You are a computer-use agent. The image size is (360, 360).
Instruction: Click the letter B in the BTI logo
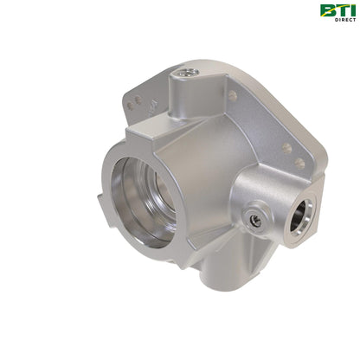coord(327,10)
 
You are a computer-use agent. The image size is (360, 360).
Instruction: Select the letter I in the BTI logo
coord(351,10)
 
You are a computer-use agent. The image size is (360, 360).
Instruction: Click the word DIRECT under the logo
coord(345,20)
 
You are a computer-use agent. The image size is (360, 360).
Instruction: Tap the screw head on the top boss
coord(187,73)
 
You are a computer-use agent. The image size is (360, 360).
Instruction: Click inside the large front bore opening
coord(145,202)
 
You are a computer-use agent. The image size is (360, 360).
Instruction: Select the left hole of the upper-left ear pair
coord(131,106)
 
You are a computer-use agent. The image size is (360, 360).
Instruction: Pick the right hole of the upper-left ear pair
coord(138,100)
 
